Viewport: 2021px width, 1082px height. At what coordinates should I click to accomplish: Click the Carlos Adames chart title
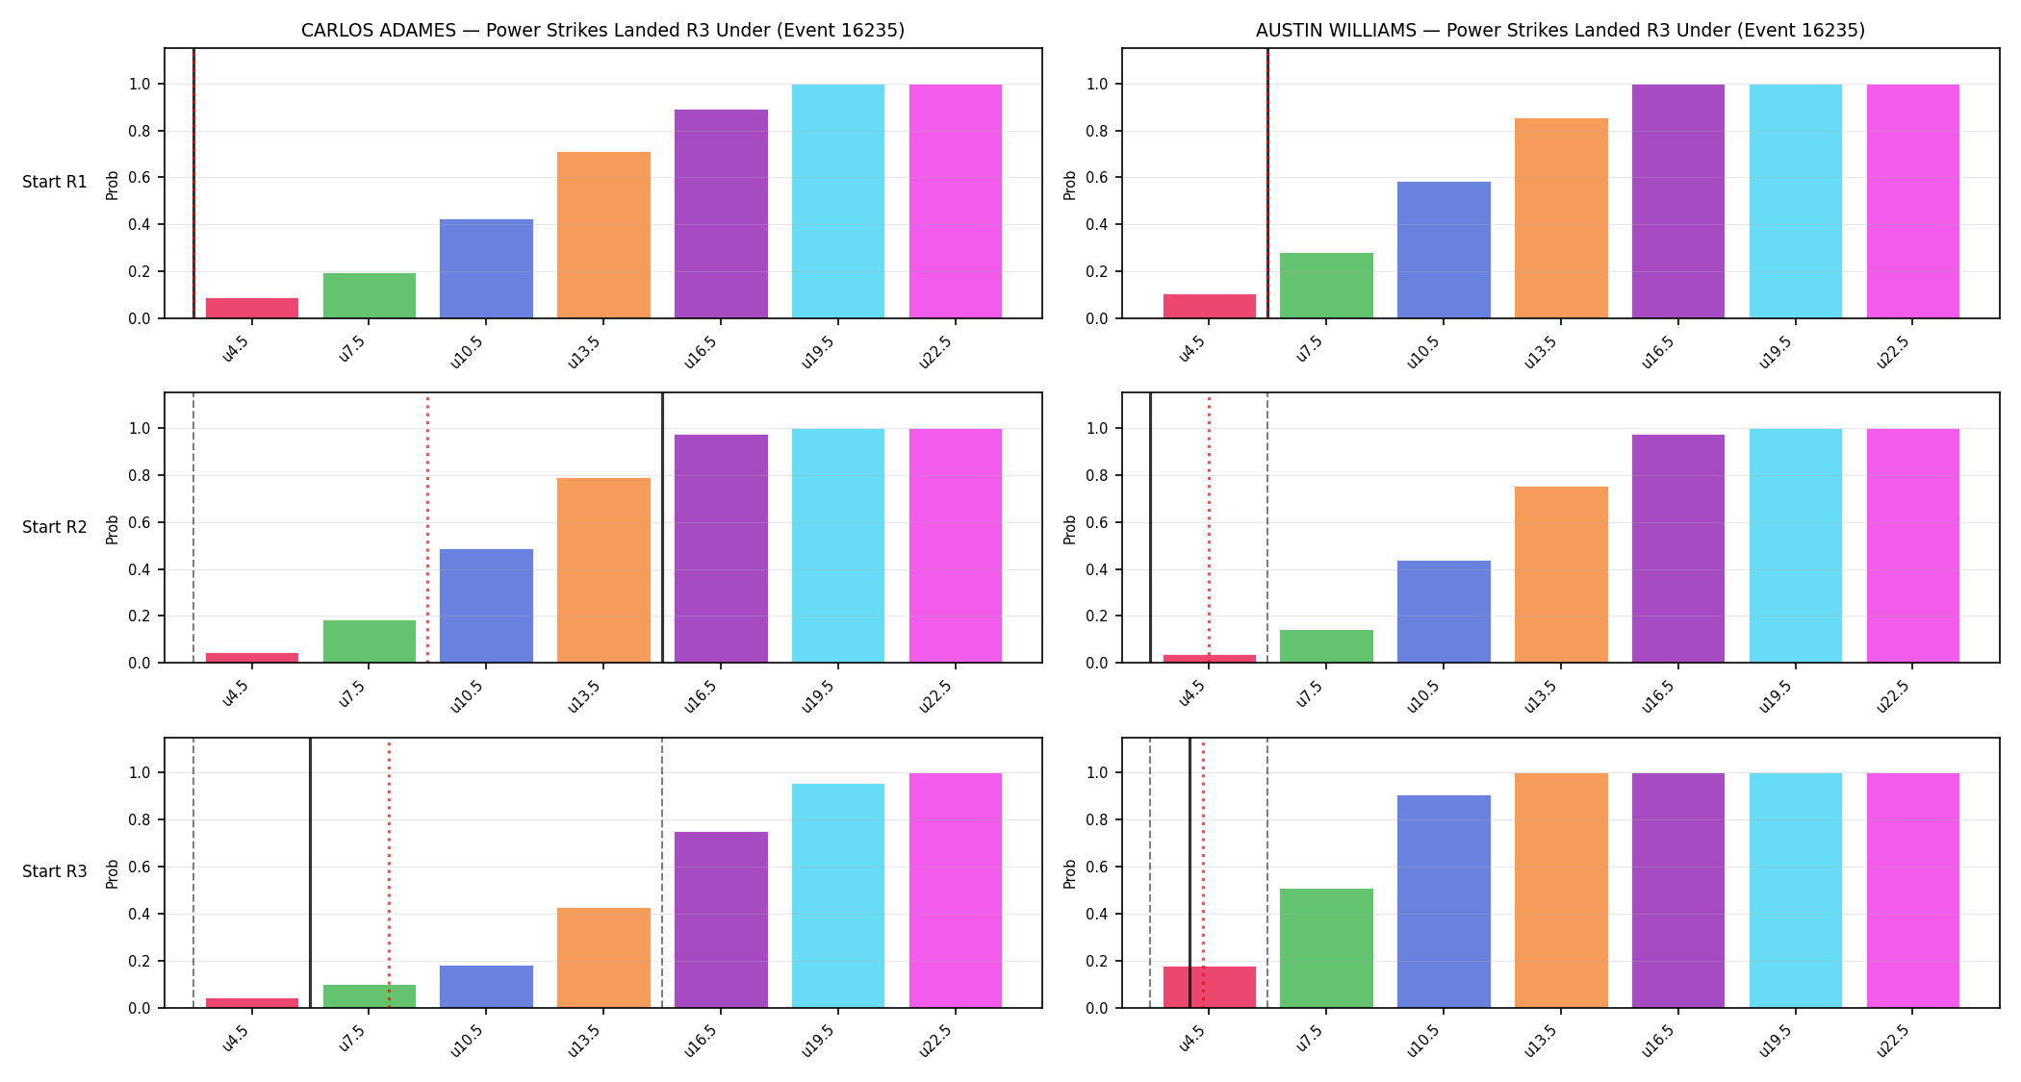pyautogui.click(x=602, y=30)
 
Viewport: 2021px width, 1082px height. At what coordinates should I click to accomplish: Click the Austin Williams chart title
pyautogui.click(x=1560, y=30)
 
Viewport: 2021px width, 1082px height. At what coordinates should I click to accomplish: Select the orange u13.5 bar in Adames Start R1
pyautogui.click(x=603, y=235)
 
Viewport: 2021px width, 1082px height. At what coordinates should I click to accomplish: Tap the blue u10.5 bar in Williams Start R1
pyautogui.click(x=1444, y=250)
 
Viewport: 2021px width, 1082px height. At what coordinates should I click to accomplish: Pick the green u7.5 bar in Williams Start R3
pyautogui.click(x=1326, y=948)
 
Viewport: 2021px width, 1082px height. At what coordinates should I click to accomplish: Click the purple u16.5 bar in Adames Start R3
pyautogui.click(x=721, y=919)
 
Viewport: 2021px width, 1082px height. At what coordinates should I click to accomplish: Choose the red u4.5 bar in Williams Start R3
pyautogui.click(x=1210, y=987)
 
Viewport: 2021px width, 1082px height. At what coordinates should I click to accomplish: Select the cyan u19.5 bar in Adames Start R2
pyautogui.click(x=838, y=545)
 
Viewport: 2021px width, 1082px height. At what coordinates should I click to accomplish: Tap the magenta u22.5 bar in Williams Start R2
pyautogui.click(x=1913, y=545)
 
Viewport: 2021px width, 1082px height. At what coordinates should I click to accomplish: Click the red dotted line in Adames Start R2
pyautogui.click(x=427, y=528)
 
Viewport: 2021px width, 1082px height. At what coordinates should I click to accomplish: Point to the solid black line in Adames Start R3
pyautogui.click(x=310, y=873)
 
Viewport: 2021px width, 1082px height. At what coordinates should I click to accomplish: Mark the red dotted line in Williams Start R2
pyautogui.click(x=1209, y=528)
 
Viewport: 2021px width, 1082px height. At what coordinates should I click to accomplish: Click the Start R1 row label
pyautogui.click(x=55, y=182)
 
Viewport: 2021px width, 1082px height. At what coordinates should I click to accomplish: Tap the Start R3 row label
pyautogui.click(x=55, y=871)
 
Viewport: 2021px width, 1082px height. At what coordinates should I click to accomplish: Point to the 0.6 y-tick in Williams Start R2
pyautogui.click(x=1097, y=522)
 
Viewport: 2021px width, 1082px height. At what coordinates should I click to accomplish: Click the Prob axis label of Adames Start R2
pyautogui.click(x=113, y=529)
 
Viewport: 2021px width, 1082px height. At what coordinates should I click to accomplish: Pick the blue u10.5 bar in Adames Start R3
pyautogui.click(x=486, y=987)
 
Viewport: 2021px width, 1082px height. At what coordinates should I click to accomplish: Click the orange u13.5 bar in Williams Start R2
pyautogui.click(x=1561, y=574)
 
